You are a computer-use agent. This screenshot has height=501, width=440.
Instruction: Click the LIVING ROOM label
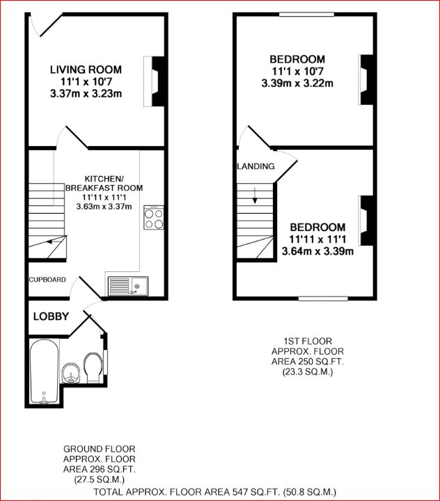point(86,70)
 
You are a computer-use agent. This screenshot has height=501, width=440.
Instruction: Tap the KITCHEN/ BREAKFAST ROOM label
point(104,183)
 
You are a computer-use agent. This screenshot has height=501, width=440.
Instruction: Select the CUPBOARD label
point(47,280)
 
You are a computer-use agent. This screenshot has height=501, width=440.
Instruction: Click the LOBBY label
point(51,317)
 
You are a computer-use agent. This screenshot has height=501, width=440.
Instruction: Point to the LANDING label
point(256,166)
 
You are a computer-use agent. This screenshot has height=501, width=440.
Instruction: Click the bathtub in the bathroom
point(44,371)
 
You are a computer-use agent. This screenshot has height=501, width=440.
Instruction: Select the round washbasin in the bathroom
point(70,372)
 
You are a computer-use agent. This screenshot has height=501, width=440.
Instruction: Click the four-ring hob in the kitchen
point(153,219)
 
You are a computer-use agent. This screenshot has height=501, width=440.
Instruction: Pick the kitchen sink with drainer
point(127,285)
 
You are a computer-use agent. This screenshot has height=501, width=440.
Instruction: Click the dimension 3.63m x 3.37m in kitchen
point(104,207)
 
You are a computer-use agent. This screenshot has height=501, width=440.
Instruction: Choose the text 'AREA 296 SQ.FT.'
point(100,470)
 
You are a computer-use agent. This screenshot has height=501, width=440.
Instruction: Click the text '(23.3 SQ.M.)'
point(308,372)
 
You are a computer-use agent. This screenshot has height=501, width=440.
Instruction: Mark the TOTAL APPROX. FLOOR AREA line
point(219,492)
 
